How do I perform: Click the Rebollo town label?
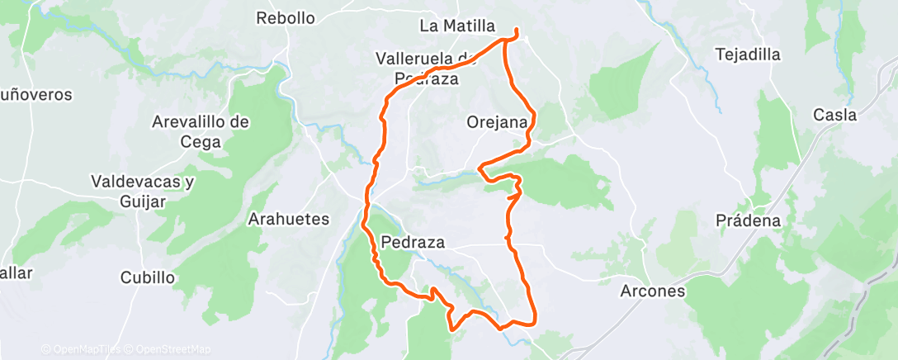click(x=286, y=18)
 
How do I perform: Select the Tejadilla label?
click(x=749, y=55)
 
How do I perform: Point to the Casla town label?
click(x=834, y=115)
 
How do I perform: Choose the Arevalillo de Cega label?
click(x=201, y=131)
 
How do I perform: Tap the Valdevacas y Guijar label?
click(x=142, y=191)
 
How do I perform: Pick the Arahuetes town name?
click(x=289, y=220)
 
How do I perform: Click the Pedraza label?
click(x=414, y=243)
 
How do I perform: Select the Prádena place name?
click(x=749, y=220)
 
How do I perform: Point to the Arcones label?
click(x=653, y=291)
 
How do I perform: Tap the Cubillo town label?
click(x=148, y=277)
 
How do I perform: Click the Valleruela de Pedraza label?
click(x=426, y=69)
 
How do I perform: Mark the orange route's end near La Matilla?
click(x=517, y=31)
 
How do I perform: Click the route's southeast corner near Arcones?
click(x=535, y=320)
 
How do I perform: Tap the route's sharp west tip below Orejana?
click(x=480, y=170)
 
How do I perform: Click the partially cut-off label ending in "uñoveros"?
click(x=36, y=95)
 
